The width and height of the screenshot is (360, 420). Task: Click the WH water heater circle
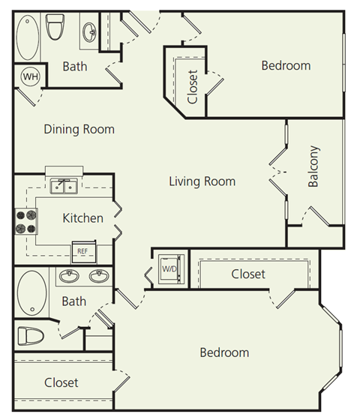click(30, 76)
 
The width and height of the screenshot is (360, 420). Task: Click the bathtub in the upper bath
click(30, 35)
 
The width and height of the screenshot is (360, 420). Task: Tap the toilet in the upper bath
click(54, 28)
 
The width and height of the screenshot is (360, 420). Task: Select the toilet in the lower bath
click(31, 335)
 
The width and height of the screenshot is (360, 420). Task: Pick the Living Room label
click(202, 181)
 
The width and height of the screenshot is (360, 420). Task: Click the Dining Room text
click(79, 129)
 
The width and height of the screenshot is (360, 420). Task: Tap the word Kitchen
click(82, 218)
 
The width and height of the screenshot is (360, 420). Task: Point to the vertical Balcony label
click(313, 166)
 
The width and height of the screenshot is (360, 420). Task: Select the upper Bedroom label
click(285, 66)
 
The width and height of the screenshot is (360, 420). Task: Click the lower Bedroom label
click(223, 352)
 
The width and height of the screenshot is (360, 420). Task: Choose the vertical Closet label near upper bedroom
click(193, 88)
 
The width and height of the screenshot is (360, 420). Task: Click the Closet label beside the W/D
click(248, 274)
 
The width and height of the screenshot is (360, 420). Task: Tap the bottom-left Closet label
click(61, 382)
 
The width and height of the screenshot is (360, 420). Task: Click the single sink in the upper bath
click(89, 31)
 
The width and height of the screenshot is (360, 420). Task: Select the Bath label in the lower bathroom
click(74, 301)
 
